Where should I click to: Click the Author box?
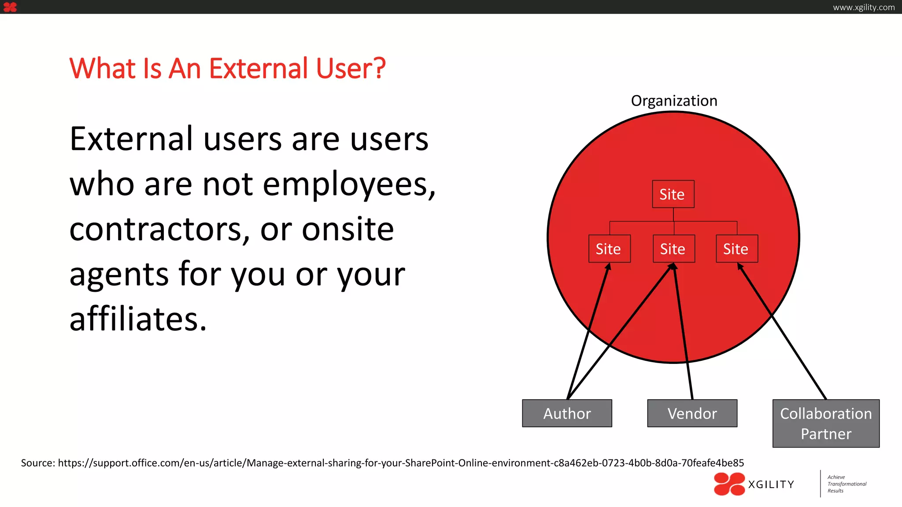coord(567,413)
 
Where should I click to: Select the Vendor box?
coord(692,413)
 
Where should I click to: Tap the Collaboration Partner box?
coord(826,423)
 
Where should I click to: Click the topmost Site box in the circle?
coord(673,194)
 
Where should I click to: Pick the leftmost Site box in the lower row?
coord(610,249)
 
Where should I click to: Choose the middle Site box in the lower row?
coord(674,249)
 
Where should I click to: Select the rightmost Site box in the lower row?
coord(737,249)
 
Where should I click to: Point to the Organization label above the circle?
coord(674,101)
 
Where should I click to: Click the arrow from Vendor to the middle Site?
coord(683,334)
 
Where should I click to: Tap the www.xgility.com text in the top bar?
coord(863,7)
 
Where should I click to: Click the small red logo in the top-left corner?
coord(10,7)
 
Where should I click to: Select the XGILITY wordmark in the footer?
coord(771,485)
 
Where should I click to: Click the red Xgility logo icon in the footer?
coord(729,484)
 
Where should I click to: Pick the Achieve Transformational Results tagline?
coord(846,484)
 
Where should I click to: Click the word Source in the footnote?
coord(37,463)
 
